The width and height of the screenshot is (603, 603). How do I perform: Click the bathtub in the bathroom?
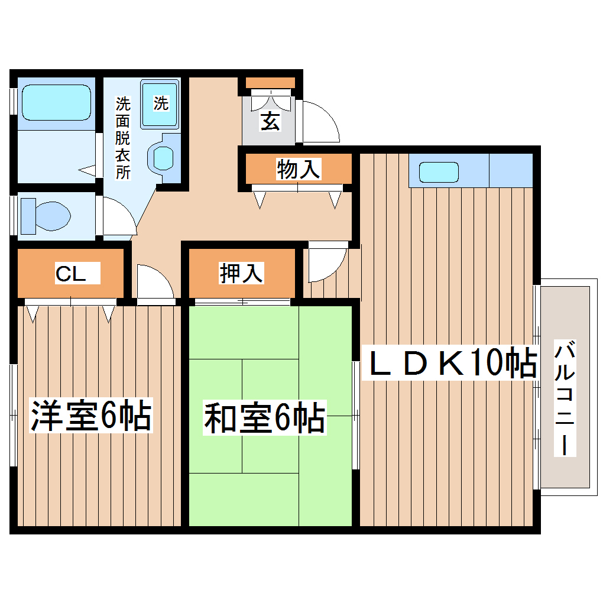[x=56, y=103]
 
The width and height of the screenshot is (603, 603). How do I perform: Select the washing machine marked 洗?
[x=160, y=103]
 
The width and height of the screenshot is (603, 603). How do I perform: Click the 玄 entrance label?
[x=270, y=122]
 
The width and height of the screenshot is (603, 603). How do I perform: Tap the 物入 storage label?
[x=299, y=170]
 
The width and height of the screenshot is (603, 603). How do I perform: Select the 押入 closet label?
[x=241, y=273]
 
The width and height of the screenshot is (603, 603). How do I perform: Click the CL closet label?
[x=71, y=274]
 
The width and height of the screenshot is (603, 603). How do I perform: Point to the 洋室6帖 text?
[x=91, y=416]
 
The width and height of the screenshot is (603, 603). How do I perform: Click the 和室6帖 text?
[x=264, y=419]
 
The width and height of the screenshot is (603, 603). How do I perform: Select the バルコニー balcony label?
[x=565, y=397]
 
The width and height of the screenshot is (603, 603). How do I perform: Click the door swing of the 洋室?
[x=154, y=284]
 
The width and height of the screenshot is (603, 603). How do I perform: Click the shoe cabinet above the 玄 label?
[x=270, y=83]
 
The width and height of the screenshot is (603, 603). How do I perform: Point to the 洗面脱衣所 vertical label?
[x=122, y=137]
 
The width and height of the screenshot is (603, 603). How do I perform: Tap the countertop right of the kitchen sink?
[x=511, y=170]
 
